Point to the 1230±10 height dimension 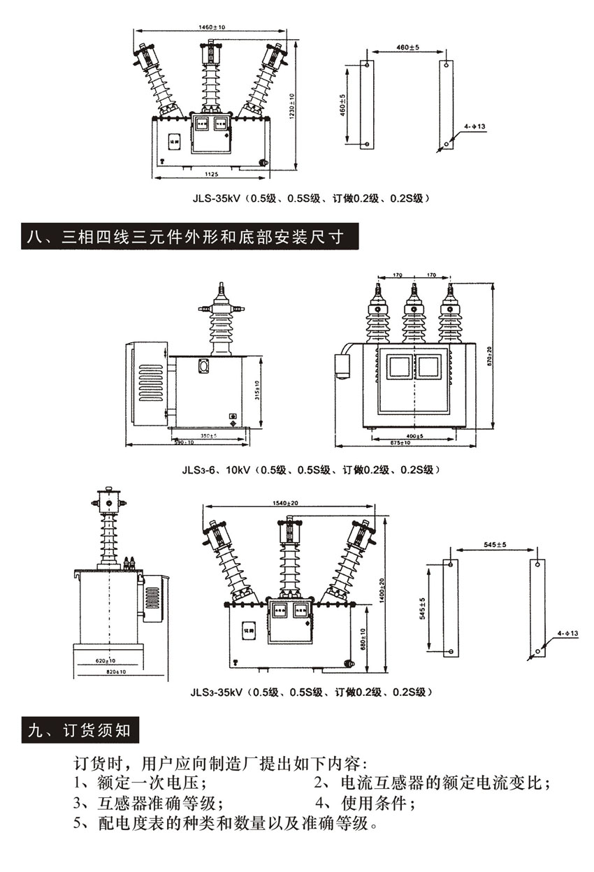[292, 105]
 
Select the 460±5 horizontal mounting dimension [407, 47]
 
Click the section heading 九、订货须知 [80, 732]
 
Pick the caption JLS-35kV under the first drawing [311, 198]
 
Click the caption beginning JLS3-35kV [311, 692]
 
